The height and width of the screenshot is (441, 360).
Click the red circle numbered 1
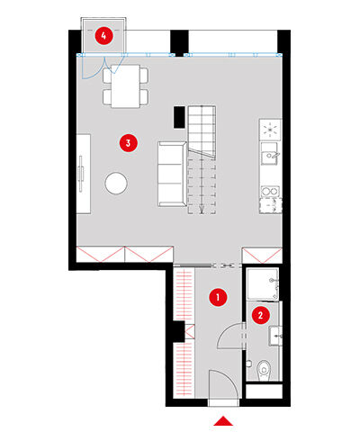pyautogui.click(x=218, y=297)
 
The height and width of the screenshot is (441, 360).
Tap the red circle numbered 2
pyautogui.click(x=260, y=315)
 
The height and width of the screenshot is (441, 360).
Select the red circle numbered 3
pyautogui.click(x=129, y=143)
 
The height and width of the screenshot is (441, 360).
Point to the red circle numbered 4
pyautogui.click(x=103, y=36)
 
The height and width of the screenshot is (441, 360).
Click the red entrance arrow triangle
pyautogui.click(x=223, y=420)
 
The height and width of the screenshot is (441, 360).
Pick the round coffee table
pyautogui.click(x=116, y=183)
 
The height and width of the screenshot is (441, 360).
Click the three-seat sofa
pyautogui.click(x=172, y=175)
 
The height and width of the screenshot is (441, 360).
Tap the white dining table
pyautogui.click(x=125, y=86)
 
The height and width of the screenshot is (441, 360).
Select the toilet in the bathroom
pyautogui.click(x=264, y=370)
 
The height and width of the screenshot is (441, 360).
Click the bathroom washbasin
pyautogui.click(x=275, y=337)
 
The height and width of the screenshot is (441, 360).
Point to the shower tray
pyautogui.click(x=263, y=283)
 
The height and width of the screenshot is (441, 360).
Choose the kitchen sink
pyautogui.click(x=270, y=154)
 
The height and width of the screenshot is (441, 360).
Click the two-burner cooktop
pyautogui.click(x=270, y=191)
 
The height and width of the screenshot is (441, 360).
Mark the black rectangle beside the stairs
pyautogui.click(x=179, y=117)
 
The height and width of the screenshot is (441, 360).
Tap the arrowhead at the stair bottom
pyautogui.click(x=202, y=211)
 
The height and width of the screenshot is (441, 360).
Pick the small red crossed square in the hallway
pyautogui.click(x=190, y=333)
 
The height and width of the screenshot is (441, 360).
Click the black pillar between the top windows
pyautogui.click(x=179, y=43)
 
